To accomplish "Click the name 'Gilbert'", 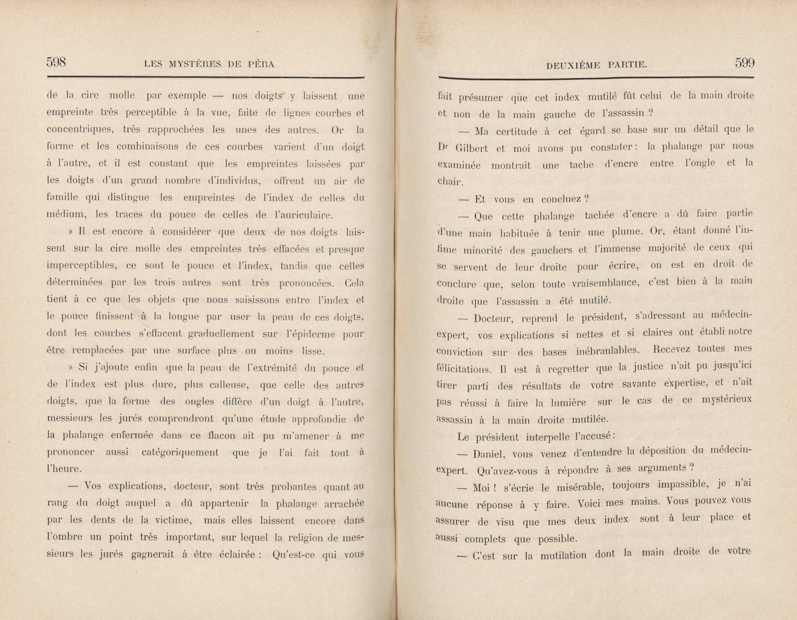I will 472,148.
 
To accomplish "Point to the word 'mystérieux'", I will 727,400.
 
